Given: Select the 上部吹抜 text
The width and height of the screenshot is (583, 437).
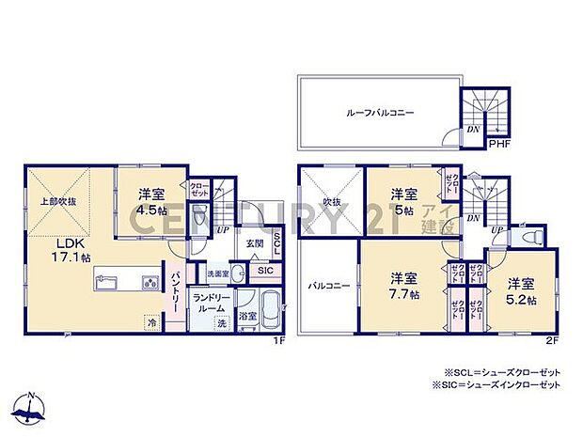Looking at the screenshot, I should pos(57,201).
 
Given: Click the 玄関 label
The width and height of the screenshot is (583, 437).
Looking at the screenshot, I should pos(255,243).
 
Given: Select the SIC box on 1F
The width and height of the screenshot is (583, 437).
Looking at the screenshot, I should pos(264,272).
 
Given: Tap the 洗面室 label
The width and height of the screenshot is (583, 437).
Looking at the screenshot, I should pos(218,273).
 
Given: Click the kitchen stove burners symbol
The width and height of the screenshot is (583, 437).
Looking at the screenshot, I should pos(151,283).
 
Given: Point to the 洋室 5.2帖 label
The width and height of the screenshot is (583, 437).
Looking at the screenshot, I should pos(522,291).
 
